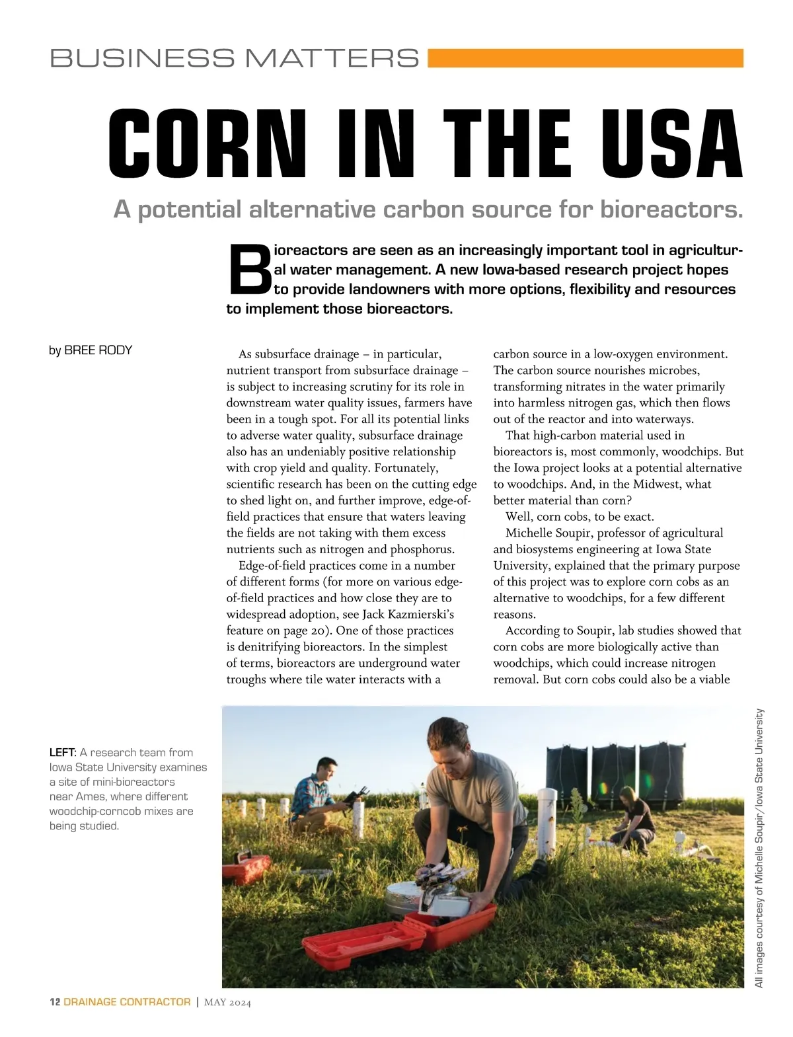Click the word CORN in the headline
[x=207, y=143]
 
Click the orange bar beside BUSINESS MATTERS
[x=585, y=58]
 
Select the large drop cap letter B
[x=248, y=270]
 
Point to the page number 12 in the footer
[x=55, y=1002]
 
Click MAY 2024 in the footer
[x=227, y=1003]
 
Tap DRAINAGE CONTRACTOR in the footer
[x=127, y=1002]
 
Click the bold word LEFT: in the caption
[x=63, y=752]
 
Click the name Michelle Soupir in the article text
[x=550, y=533]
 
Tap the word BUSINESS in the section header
[x=141, y=58]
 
